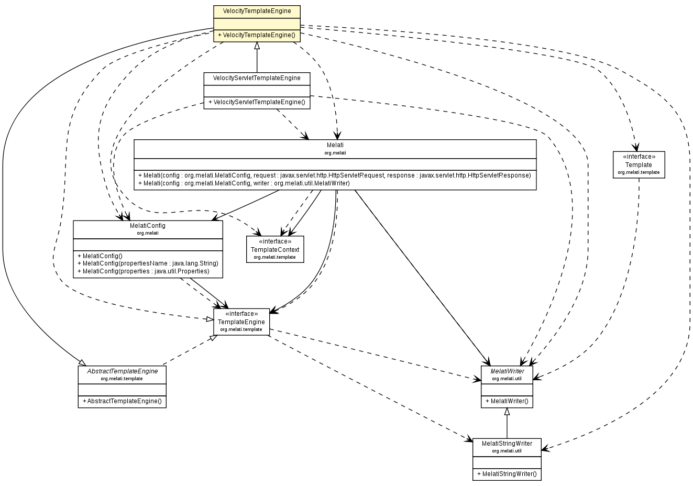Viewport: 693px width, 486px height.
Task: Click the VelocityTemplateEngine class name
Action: pos(257,10)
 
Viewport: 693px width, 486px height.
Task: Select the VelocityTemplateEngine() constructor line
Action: pos(257,36)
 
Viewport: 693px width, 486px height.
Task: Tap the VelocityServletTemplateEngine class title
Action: pos(257,78)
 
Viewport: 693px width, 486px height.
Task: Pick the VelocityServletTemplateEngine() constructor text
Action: pos(257,102)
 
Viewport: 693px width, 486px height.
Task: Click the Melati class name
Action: pos(335,145)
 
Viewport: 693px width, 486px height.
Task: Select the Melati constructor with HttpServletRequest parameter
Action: pos(335,175)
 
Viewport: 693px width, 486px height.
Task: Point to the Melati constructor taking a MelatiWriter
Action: pos(244,183)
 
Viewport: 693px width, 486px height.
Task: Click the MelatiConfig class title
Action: pos(148,226)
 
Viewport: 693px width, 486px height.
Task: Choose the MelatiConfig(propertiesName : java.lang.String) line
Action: pos(148,263)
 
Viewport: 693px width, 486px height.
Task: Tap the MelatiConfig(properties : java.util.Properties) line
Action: pos(144,271)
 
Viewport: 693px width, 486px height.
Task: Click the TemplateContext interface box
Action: pos(275,249)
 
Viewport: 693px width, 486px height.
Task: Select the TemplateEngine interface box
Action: pos(241,322)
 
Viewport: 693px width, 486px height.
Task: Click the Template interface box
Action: pos(639,164)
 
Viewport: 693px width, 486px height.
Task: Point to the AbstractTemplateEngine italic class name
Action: pos(122,371)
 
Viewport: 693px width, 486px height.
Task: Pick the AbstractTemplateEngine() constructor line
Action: pos(122,402)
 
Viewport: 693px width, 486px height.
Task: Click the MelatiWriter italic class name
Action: pos(507,371)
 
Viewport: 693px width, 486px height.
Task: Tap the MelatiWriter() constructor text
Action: pos(507,402)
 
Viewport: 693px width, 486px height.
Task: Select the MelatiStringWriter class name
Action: pos(507,444)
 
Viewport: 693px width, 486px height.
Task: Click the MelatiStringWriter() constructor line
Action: pos(507,474)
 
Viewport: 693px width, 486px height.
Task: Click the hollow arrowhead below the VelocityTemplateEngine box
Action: pos(257,46)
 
